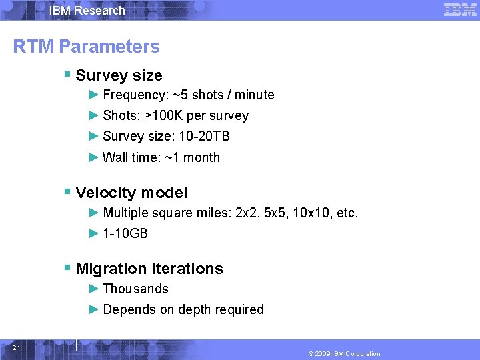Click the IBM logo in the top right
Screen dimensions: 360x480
pyautogui.click(x=459, y=9)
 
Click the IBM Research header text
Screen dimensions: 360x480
pyautogui.click(x=87, y=11)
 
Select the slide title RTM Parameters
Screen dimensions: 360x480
pyautogui.click(x=87, y=47)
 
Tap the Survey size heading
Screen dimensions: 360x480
pyautogui.click(x=119, y=75)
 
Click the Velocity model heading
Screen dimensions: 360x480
pyautogui.click(x=131, y=193)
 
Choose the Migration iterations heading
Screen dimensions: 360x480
pyautogui.click(x=149, y=269)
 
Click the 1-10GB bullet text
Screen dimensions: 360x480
pyautogui.click(x=125, y=233)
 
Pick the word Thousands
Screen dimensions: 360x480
pyautogui.click(x=135, y=289)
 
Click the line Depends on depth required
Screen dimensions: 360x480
pyautogui.click(x=183, y=309)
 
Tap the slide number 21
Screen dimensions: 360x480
pyautogui.click(x=16, y=348)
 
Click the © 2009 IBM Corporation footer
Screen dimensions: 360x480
pyautogui.click(x=344, y=353)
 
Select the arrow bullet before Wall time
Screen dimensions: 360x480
pyautogui.click(x=94, y=157)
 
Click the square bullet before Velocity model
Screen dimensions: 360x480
pyautogui.click(x=67, y=192)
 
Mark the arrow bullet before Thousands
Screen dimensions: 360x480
pyautogui.click(x=94, y=289)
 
